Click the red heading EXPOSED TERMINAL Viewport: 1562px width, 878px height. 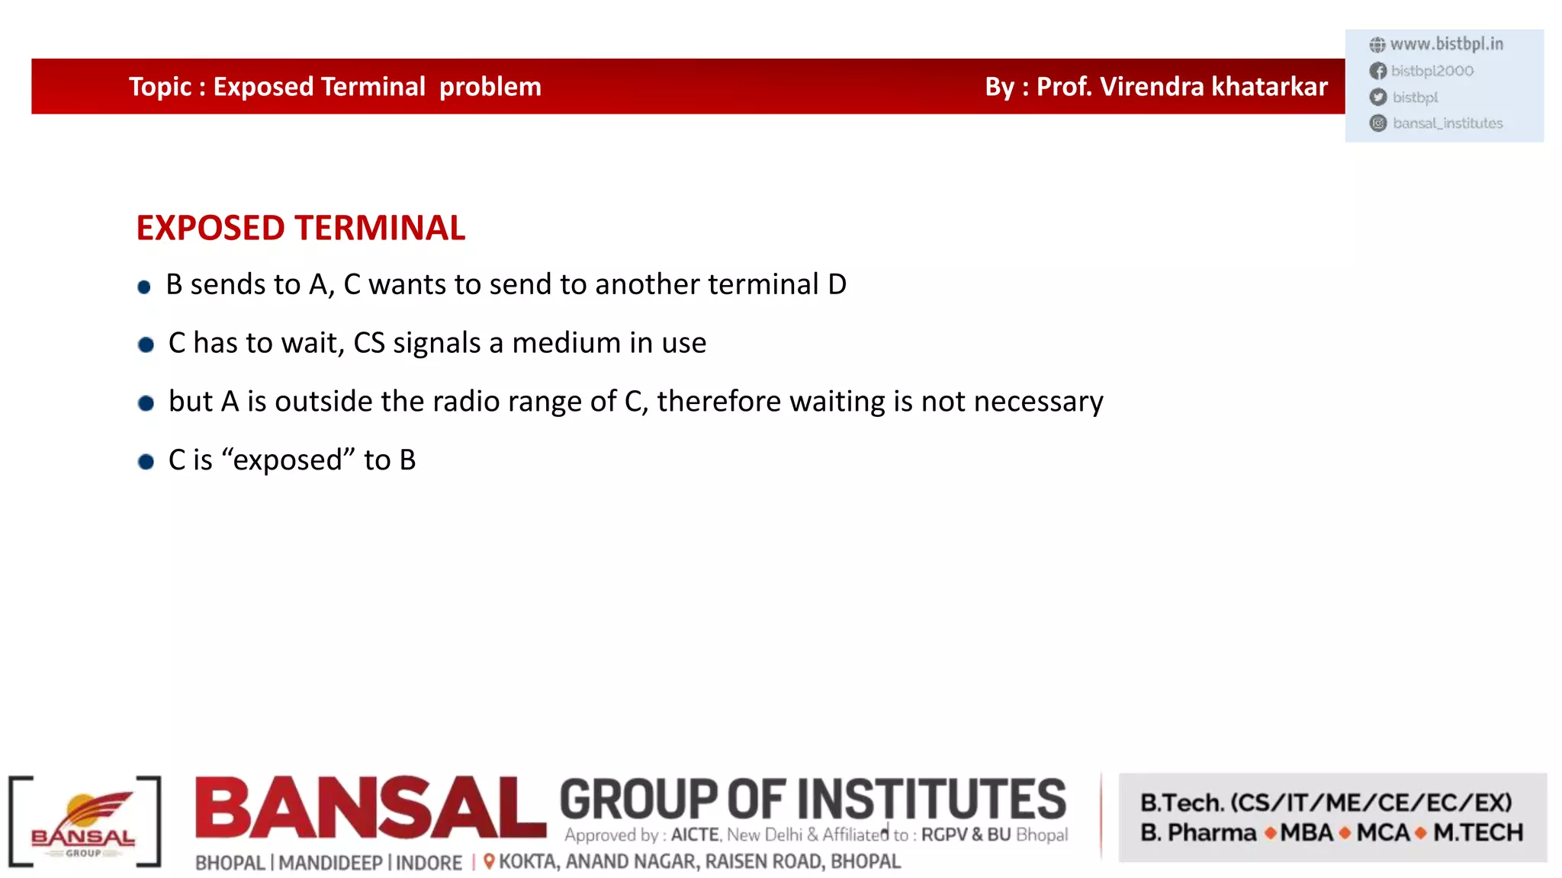point(301,228)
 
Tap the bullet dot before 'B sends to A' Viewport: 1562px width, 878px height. point(144,287)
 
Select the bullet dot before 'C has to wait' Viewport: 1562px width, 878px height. point(146,345)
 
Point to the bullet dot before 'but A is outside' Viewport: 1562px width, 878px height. point(146,403)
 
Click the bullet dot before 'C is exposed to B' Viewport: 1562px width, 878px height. point(146,462)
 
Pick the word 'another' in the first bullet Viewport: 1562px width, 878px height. point(648,284)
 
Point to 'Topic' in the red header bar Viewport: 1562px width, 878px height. point(160,87)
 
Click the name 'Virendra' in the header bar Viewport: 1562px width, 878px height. point(1152,87)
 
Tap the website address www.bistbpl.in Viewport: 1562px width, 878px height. point(1446,44)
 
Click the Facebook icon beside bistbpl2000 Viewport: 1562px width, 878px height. point(1378,71)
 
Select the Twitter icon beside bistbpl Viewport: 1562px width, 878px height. point(1378,97)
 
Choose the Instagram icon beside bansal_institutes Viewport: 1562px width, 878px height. point(1378,123)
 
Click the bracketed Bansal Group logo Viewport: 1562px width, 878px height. point(84,822)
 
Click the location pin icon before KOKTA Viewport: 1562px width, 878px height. point(489,861)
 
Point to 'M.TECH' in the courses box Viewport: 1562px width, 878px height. point(1477,832)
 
